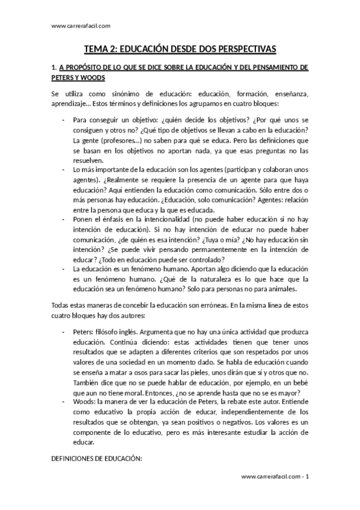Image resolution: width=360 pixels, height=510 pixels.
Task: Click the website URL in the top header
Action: [77, 25]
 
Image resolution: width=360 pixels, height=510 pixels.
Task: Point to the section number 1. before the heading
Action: [54, 69]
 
